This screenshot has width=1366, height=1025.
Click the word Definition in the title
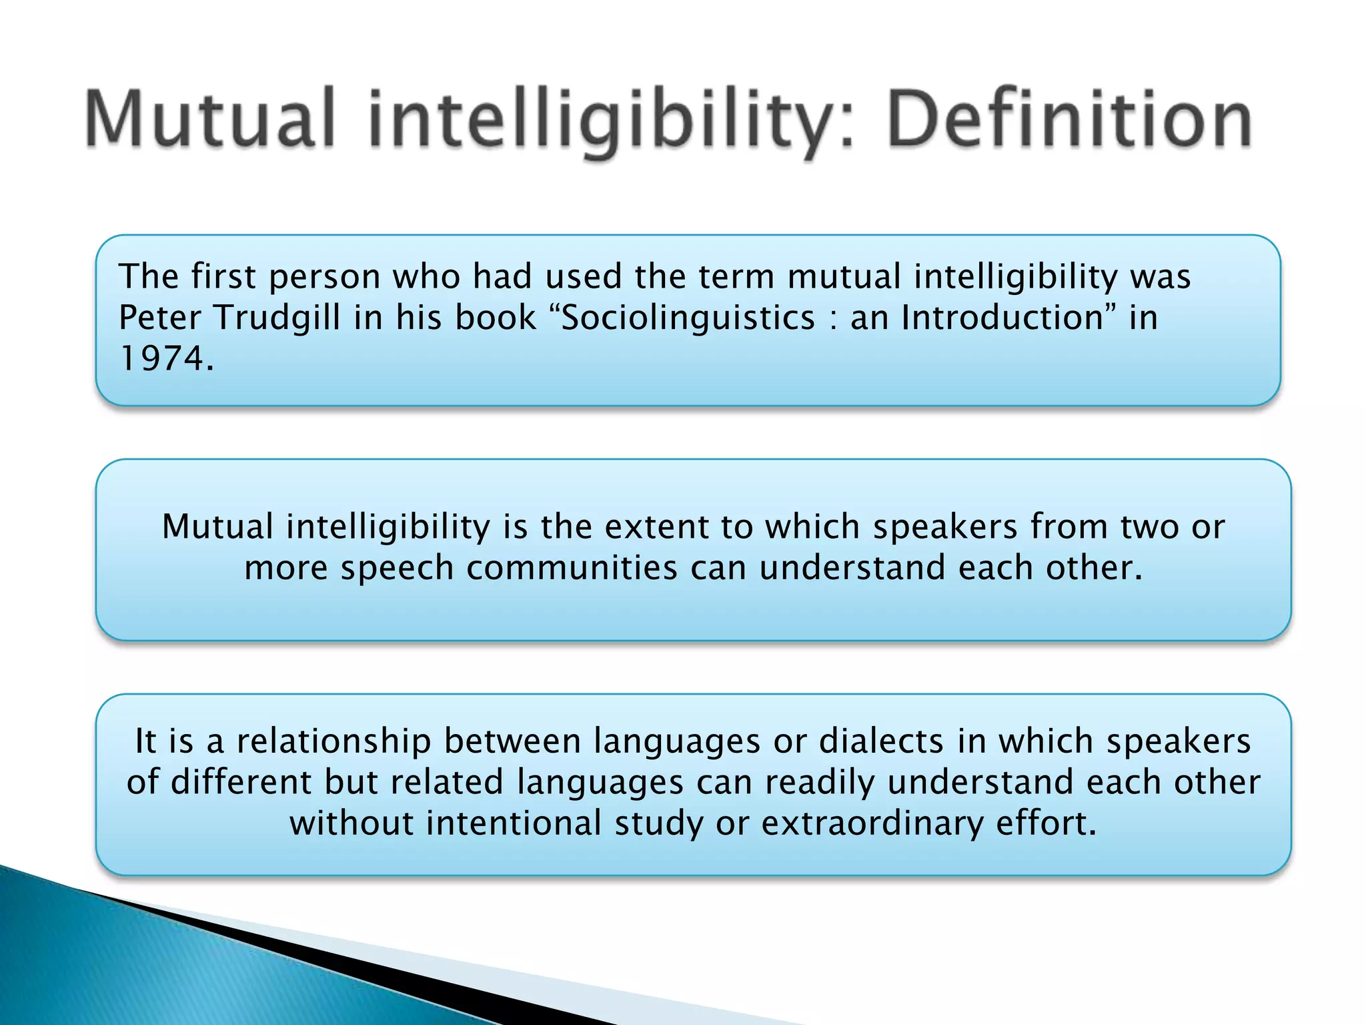point(1069,120)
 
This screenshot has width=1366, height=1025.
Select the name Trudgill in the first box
point(277,317)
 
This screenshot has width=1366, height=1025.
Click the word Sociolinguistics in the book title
point(688,317)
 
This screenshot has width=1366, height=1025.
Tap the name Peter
point(159,317)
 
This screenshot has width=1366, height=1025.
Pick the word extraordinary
point(872,823)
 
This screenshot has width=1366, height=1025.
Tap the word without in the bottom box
point(352,823)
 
